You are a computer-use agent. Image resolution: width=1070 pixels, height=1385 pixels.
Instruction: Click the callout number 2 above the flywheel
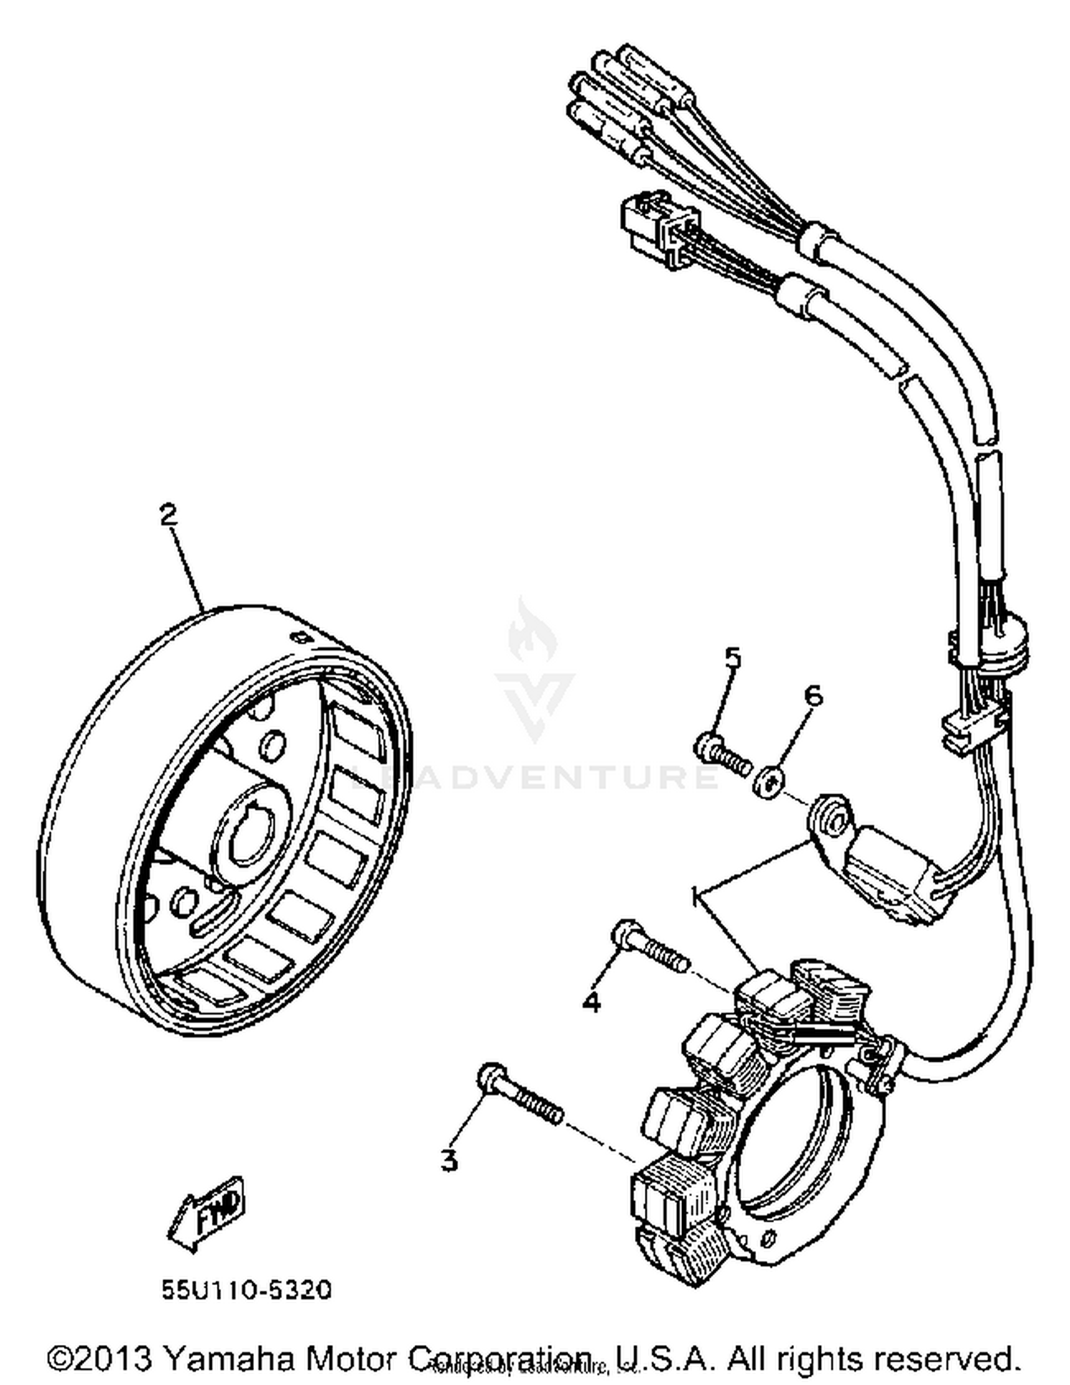(x=168, y=514)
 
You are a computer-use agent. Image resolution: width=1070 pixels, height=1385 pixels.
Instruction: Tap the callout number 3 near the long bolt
(x=449, y=1160)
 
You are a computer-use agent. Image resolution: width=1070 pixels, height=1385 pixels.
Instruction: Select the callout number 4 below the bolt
(x=591, y=1002)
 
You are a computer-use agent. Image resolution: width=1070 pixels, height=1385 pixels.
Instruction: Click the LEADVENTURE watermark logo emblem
(x=535, y=671)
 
